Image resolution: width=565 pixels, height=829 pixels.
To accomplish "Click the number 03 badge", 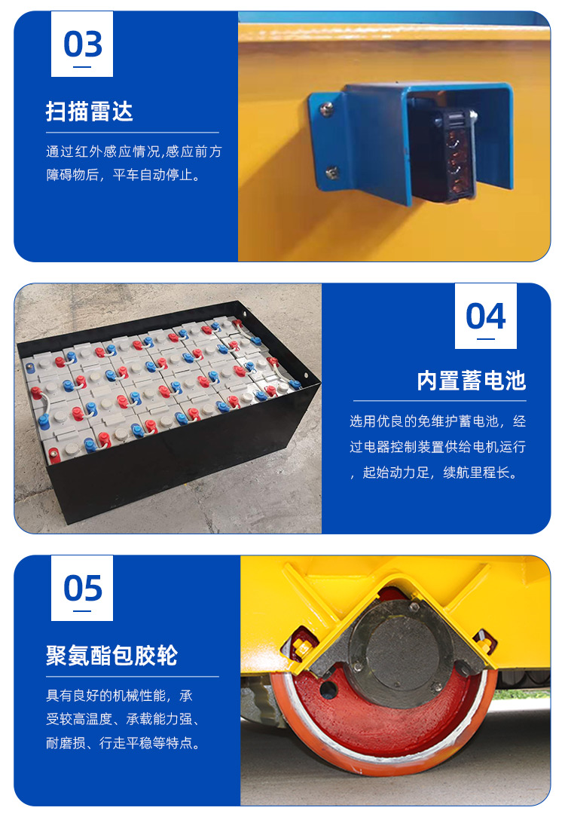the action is point(82,44).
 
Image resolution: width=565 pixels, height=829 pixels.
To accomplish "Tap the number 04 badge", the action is point(486,317).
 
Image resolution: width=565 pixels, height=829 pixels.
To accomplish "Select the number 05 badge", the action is point(82,588).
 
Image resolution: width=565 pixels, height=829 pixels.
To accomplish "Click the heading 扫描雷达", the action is point(90,112).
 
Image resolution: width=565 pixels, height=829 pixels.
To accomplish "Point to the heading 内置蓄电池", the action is point(472,381).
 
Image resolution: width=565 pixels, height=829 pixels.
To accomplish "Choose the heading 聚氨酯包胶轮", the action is point(111,656).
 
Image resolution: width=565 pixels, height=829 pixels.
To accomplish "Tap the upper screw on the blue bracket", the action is point(327,109).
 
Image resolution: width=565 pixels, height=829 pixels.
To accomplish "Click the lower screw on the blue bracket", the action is point(332,172).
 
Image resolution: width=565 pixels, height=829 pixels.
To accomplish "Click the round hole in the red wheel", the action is point(328,689).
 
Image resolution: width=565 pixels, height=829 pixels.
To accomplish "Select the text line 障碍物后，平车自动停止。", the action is point(125,175).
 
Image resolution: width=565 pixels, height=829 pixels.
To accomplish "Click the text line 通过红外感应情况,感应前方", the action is point(134,151).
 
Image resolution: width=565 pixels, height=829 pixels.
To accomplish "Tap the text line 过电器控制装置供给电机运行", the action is point(438,447).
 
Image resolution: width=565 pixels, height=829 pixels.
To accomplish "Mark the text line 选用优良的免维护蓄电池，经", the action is point(438,421).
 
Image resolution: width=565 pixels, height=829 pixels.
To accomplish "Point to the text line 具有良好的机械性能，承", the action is point(120,696).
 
